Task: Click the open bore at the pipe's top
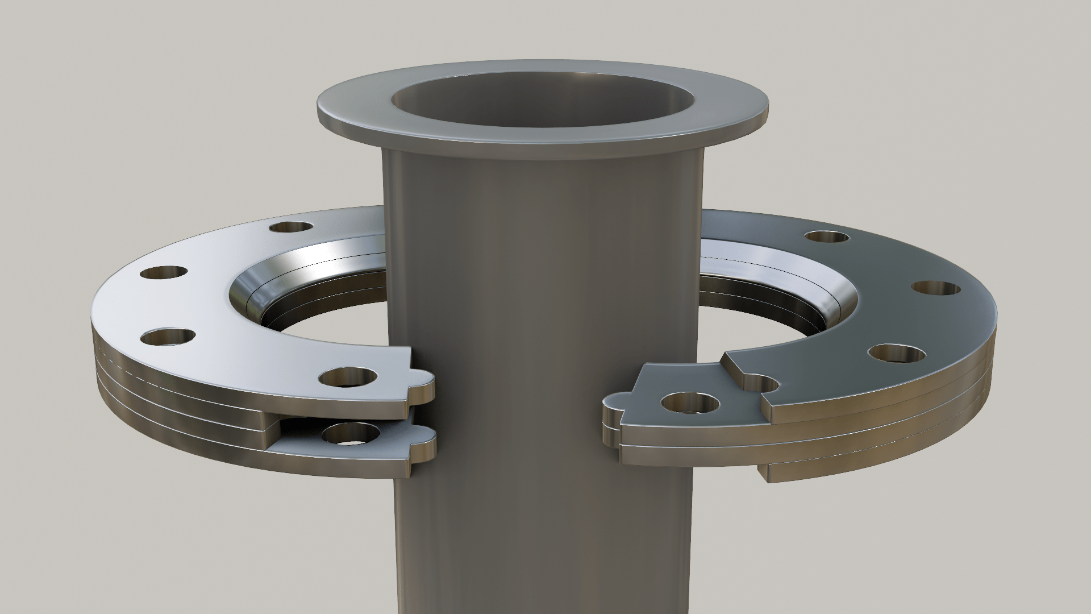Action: click(543, 102)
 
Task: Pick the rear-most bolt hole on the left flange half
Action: click(291, 227)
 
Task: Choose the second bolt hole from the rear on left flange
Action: click(164, 273)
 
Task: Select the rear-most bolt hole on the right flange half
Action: click(827, 237)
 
